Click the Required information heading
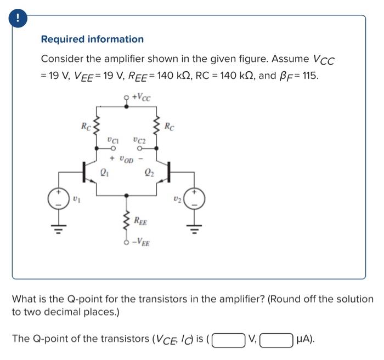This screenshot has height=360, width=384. tap(92, 39)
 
